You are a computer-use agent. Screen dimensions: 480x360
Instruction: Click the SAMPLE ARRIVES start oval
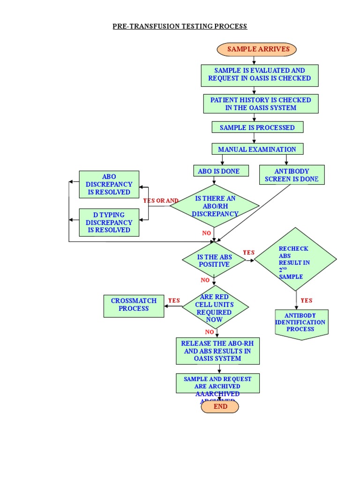pos(256,49)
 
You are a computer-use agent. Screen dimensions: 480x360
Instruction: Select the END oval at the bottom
pos(220,407)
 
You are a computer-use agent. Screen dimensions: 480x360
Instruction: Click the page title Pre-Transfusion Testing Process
pos(180,26)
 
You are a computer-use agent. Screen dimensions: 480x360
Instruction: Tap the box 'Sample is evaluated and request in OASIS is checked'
pos(260,75)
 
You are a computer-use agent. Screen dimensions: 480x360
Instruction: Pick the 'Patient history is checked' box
pos(261,104)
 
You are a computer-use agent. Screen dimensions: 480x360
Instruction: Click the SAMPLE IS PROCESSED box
pos(257,127)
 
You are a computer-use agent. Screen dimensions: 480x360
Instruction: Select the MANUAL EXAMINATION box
pos(257,150)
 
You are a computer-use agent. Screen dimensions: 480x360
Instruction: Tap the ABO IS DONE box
pos(218,171)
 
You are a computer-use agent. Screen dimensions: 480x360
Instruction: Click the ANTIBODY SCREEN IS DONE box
pos(292,175)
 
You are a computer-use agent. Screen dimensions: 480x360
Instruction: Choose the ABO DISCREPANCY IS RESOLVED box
pos(109,184)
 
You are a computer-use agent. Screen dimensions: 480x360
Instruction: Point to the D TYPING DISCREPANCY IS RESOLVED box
pos(109,223)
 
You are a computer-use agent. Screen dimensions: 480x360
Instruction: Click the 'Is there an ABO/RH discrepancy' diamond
pos(215,206)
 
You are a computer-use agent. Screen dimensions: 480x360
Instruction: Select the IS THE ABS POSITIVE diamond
pos(214,260)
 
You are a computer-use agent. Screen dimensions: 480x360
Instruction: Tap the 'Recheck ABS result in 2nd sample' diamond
pos(295,259)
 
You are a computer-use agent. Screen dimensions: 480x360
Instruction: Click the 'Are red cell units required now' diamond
pos(215,307)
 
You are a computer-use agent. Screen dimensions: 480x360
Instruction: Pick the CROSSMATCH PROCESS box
pos(134,305)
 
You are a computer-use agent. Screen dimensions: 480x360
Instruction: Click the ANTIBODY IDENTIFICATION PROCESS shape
pos(301,323)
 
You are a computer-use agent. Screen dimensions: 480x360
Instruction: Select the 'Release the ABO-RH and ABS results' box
pos(217,351)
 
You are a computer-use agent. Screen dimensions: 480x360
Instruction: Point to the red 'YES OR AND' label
pos(161,201)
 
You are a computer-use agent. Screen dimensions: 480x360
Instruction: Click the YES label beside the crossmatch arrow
pos(174,300)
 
